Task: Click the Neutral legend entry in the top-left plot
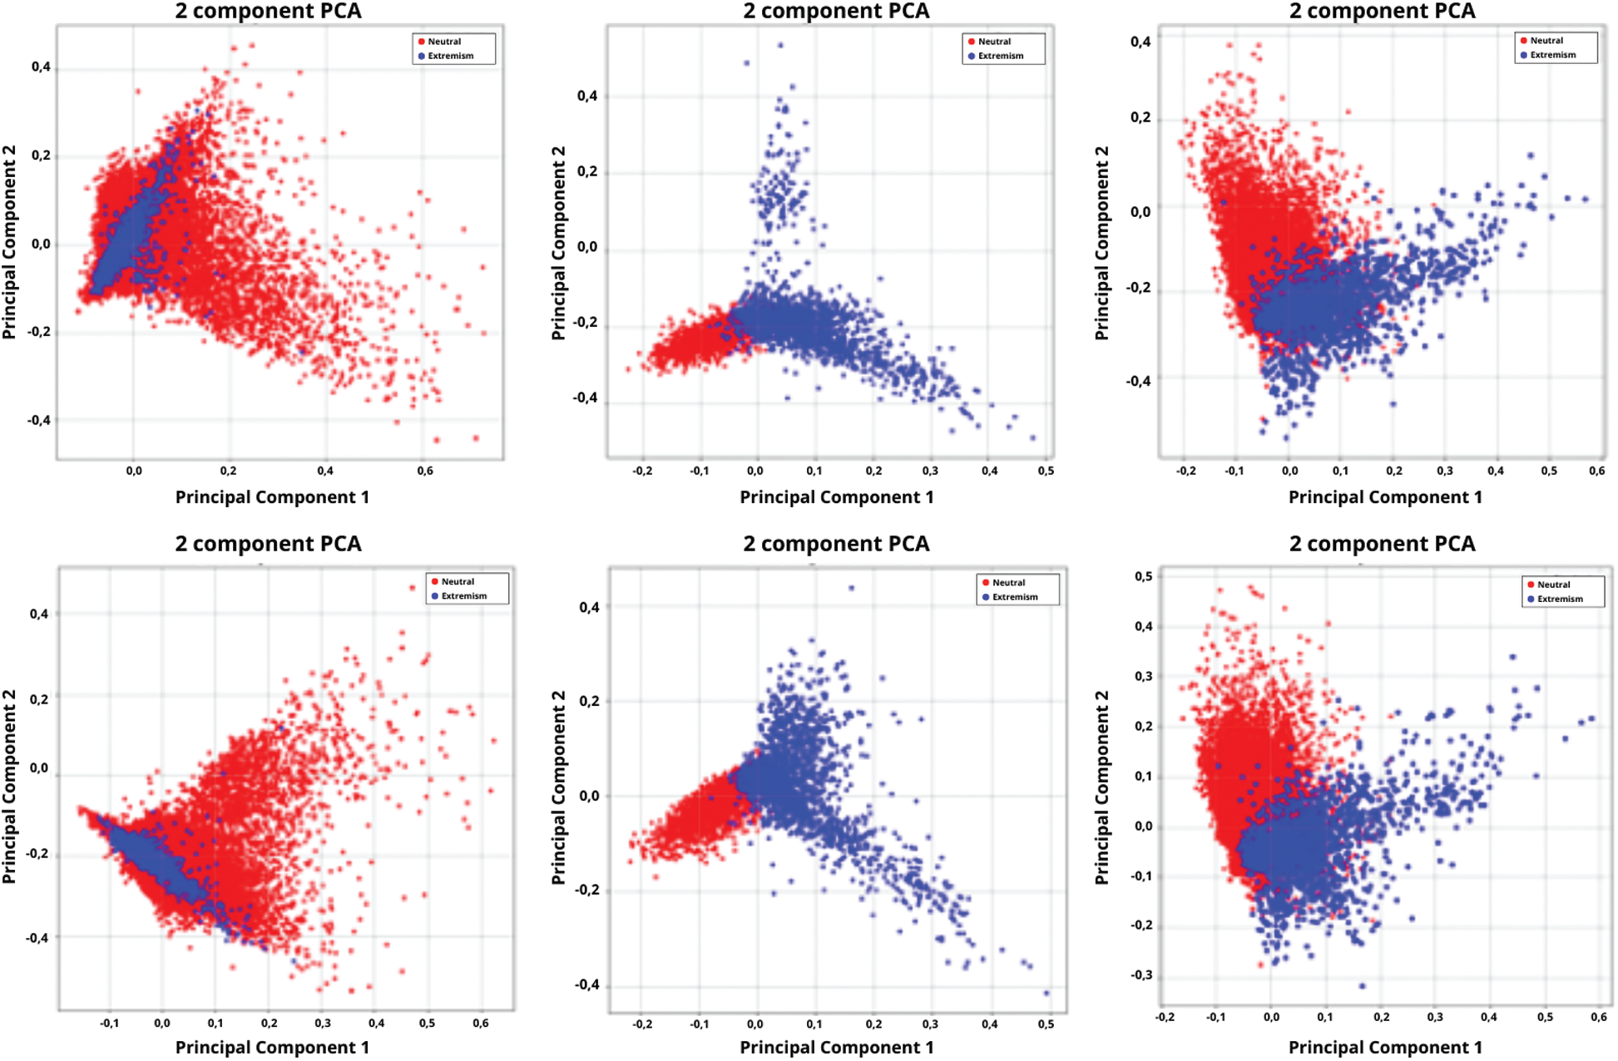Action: tap(444, 42)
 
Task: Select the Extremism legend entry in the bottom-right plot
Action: tap(1560, 599)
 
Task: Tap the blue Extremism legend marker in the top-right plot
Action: tap(1524, 55)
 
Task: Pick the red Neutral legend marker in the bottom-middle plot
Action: tap(986, 583)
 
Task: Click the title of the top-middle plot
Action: tap(836, 12)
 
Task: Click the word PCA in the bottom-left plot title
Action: tap(339, 544)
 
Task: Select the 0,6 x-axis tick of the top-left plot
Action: tap(425, 471)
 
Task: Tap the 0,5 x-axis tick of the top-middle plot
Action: tap(1046, 471)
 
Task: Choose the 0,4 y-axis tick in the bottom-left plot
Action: tap(39, 614)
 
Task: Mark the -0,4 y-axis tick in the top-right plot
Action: tap(1138, 381)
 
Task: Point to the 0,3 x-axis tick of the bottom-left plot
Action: tap(323, 1024)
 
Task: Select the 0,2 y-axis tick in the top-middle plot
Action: tap(587, 172)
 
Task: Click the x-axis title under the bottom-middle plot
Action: tap(836, 1047)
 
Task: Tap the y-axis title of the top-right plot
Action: tap(1101, 243)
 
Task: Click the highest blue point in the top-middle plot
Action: tap(780, 46)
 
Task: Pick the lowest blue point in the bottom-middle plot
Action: tap(1047, 993)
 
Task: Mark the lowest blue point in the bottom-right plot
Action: tap(1362, 986)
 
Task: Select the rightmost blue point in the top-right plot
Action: tap(1586, 200)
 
